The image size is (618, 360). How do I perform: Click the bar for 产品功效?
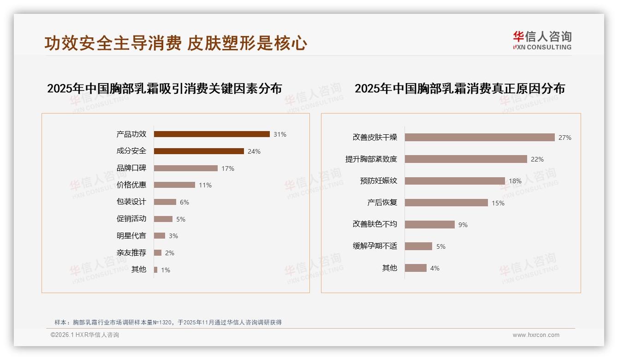(x=212, y=134)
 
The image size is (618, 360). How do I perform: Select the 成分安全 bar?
(x=199, y=151)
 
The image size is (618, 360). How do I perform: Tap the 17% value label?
(x=228, y=168)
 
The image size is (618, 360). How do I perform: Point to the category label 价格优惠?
(x=131, y=185)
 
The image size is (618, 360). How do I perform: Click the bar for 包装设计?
(x=165, y=202)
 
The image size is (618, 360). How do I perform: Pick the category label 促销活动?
(x=131, y=219)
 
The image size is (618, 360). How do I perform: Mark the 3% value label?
(x=173, y=236)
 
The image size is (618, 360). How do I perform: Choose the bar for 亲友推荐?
(x=158, y=253)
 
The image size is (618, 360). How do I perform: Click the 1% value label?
(x=166, y=270)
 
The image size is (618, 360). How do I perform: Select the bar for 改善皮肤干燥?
(x=480, y=138)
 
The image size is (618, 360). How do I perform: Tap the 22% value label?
(x=537, y=159)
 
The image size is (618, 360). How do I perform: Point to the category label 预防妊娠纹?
(x=379, y=180)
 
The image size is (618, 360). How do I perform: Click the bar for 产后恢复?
(x=446, y=203)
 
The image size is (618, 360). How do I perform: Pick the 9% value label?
(x=463, y=225)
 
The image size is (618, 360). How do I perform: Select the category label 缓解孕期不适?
(x=375, y=246)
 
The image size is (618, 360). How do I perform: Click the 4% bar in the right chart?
(x=416, y=268)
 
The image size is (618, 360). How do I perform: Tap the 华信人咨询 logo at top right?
(x=542, y=40)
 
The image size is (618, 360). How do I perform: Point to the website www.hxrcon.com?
(x=536, y=335)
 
